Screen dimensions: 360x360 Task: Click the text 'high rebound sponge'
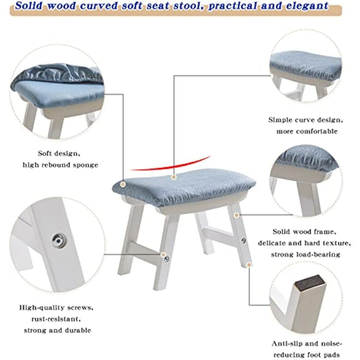(61, 164)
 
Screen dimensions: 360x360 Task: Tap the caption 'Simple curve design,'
(305, 119)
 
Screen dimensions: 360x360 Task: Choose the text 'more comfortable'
(307, 131)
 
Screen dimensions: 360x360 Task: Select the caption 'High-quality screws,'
(57, 307)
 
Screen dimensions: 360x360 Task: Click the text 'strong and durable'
(58, 330)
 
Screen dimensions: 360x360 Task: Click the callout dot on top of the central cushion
(173, 177)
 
